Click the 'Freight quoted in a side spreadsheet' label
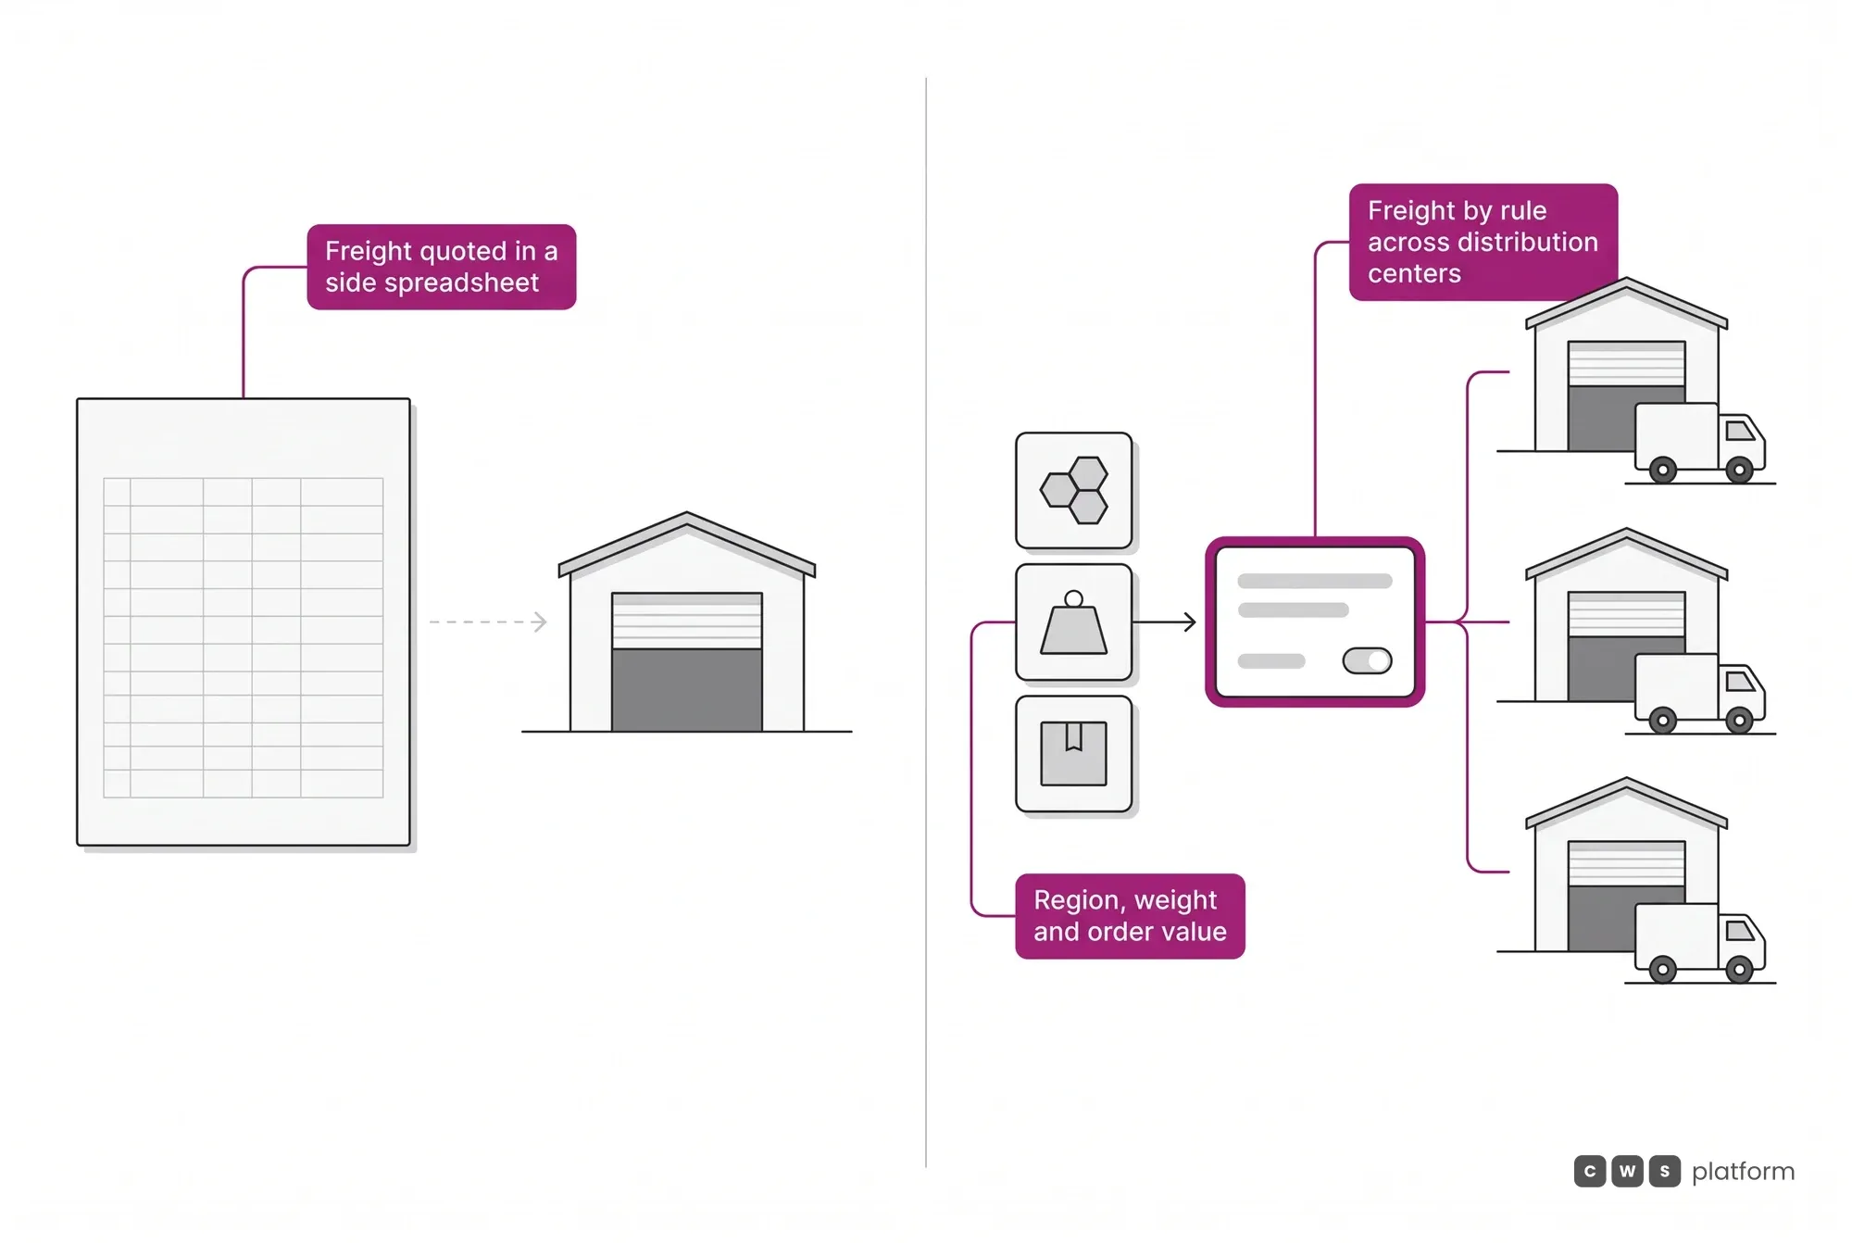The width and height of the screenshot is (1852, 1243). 442,267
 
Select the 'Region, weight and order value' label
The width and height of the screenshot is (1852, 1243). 1130,916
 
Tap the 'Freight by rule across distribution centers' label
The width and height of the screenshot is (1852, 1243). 1483,242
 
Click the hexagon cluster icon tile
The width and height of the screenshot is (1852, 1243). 1074,491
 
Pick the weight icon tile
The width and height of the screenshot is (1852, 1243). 1074,622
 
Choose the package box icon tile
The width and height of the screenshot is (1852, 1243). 1074,754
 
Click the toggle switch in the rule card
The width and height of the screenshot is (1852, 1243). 1368,660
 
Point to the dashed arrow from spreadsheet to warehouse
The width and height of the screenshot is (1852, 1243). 488,621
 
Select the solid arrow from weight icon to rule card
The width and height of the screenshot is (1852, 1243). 1164,622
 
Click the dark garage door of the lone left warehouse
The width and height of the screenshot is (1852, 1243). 687,690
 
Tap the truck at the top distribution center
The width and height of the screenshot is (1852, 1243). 1700,443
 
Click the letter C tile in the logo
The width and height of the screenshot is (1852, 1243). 1590,1172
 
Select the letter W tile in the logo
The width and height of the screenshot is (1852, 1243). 1627,1172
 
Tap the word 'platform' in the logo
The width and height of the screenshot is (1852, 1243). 1743,1173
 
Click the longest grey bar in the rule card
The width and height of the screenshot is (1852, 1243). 1315,581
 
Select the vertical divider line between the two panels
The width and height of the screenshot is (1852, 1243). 926,622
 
